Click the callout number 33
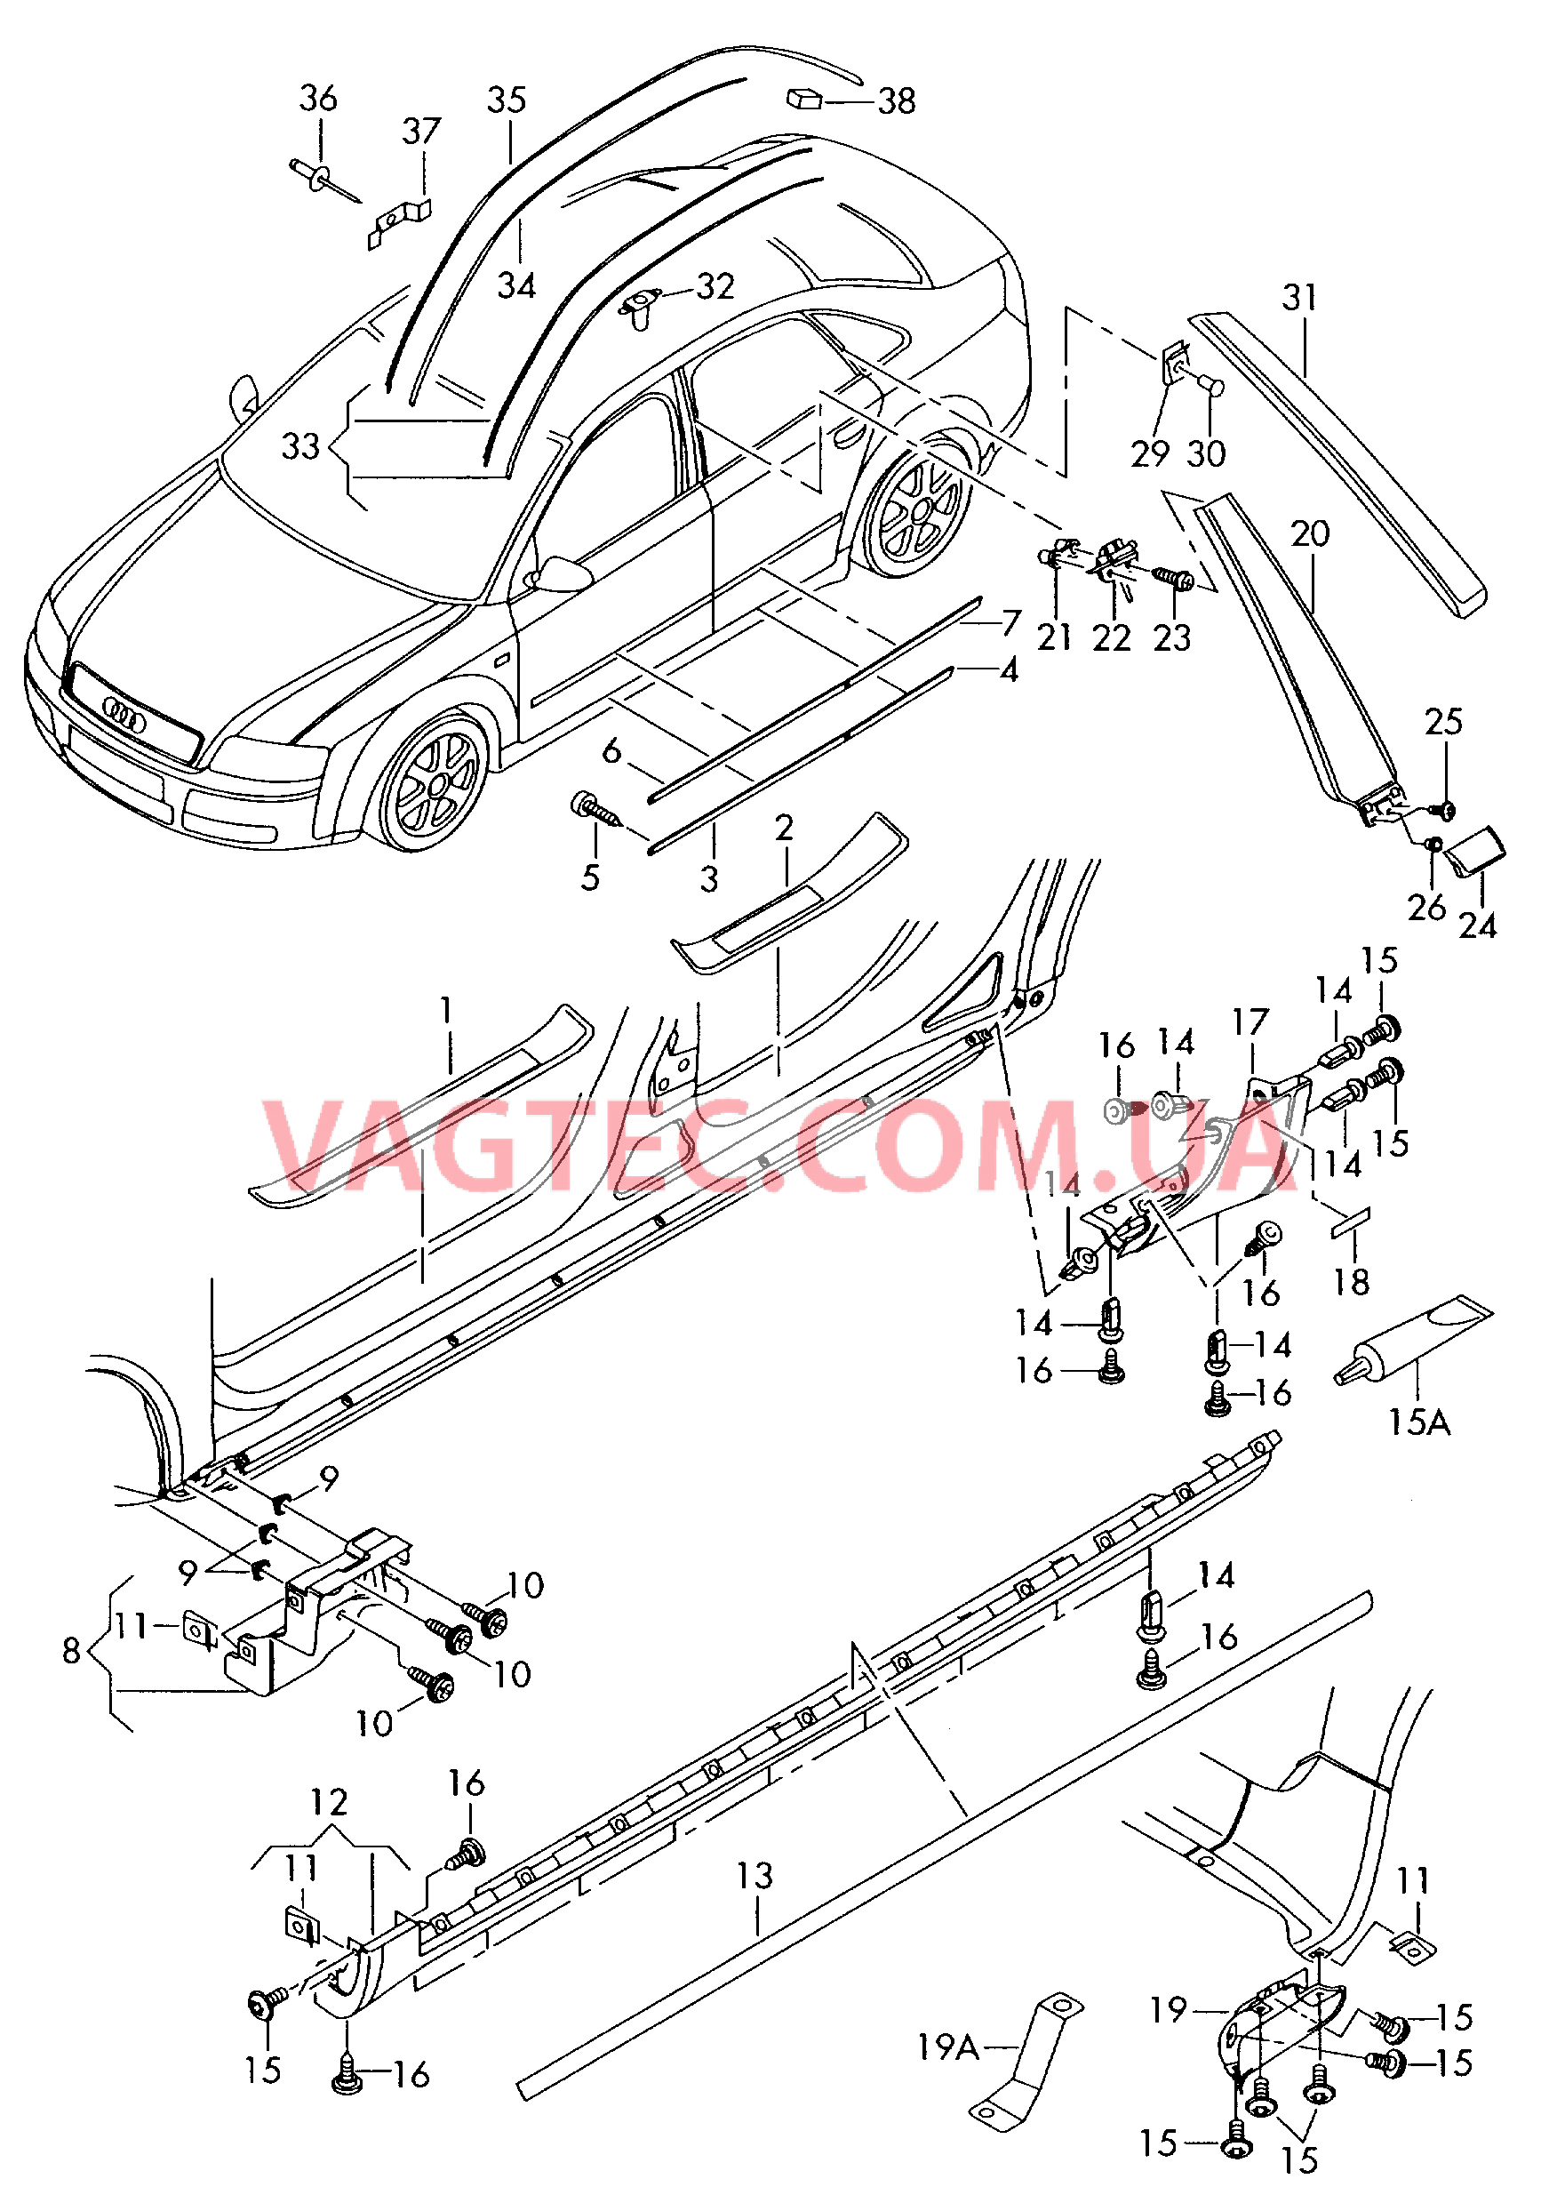tap(299, 446)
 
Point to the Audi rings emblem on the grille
tap(124, 717)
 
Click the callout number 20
tap(1310, 533)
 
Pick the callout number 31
tap(1299, 298)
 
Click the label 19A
tap(948, 2047)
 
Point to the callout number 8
tap(71, 1649)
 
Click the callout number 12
tap(329, 1803)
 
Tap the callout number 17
tap(1250, 1021)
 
